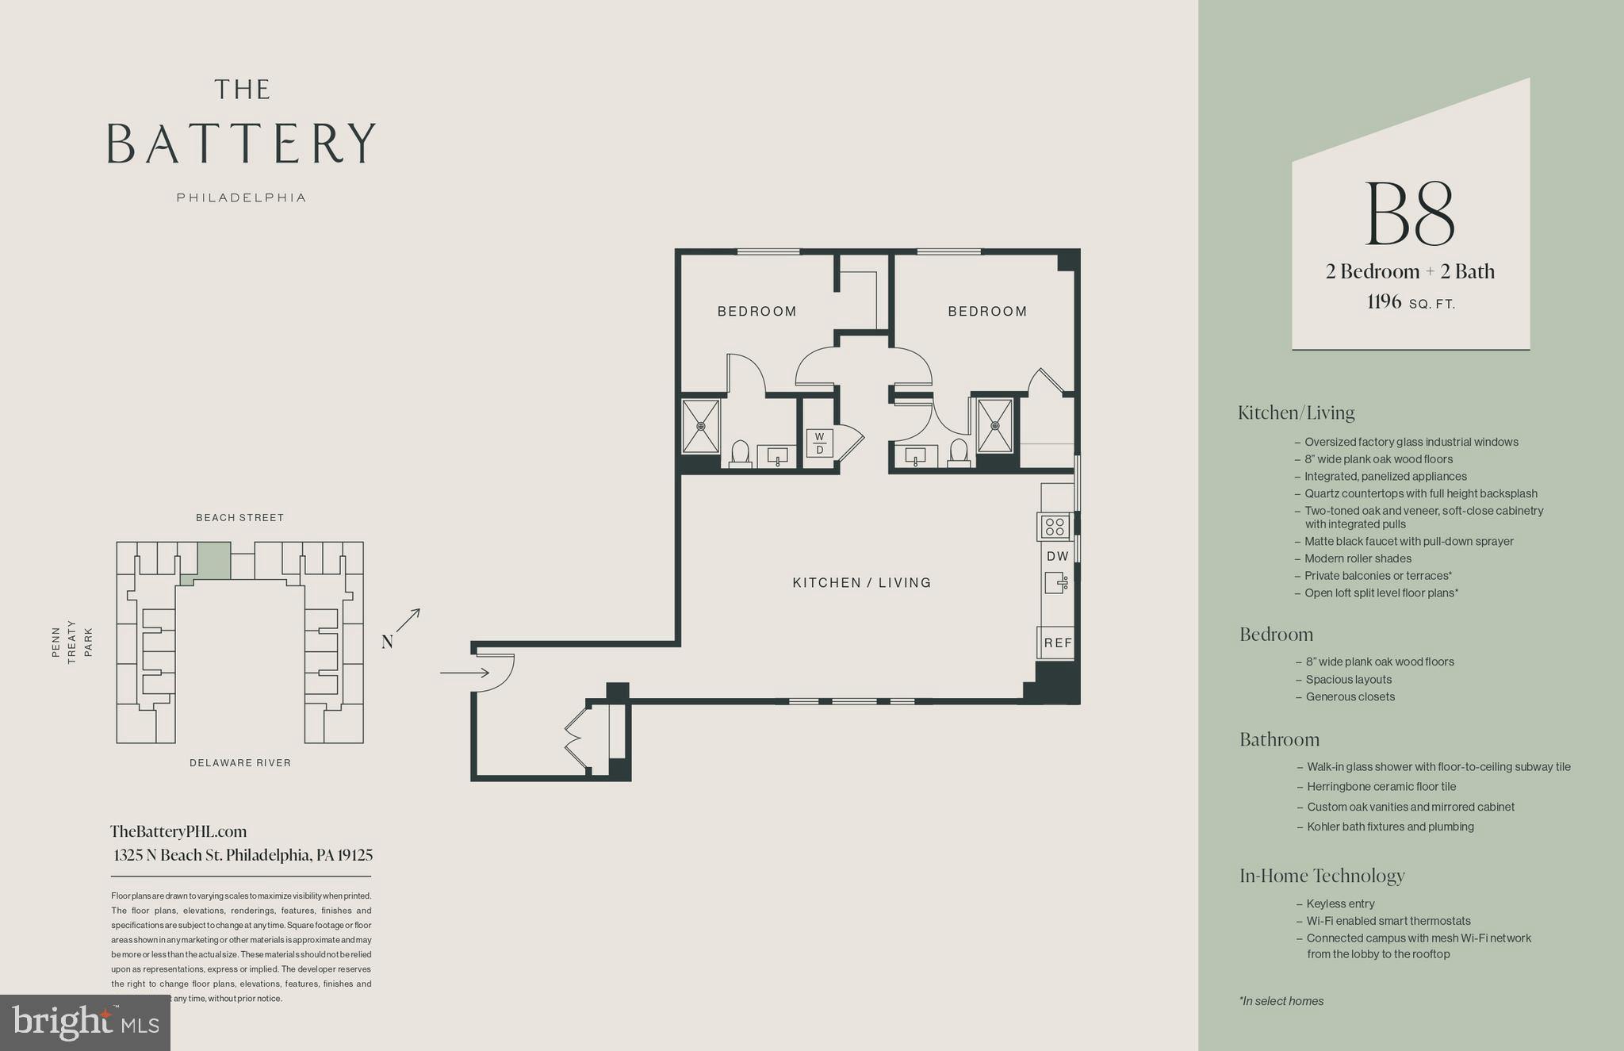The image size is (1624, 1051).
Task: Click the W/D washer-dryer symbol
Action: coord(820,443)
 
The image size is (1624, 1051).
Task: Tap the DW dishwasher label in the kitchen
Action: coord(1057,557)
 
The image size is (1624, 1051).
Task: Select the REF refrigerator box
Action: coord(1057,642)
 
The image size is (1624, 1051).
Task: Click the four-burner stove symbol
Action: coord(1055,526)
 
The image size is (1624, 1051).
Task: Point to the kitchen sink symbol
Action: coord(1055,583)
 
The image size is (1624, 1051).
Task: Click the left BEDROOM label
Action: coord(756,312)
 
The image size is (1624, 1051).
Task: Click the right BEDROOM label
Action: coord(987,312)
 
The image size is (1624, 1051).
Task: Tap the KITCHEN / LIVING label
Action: coord(861,583)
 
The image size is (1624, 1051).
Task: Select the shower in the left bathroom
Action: coord(701,426)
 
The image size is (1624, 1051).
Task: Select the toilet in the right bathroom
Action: coord(959,452)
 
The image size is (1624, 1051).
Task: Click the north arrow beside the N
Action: coord(409,619)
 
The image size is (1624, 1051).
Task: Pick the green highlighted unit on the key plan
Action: coord(213,561)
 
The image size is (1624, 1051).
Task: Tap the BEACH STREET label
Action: coord(239,518)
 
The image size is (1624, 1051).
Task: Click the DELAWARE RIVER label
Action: coord(239,763)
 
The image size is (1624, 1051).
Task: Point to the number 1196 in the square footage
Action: coord(1384,302)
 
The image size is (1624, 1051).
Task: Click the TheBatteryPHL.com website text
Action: coord(178,832)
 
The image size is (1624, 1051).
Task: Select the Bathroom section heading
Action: coord(1279,740)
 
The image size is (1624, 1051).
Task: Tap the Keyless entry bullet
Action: coord(1340,904)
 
